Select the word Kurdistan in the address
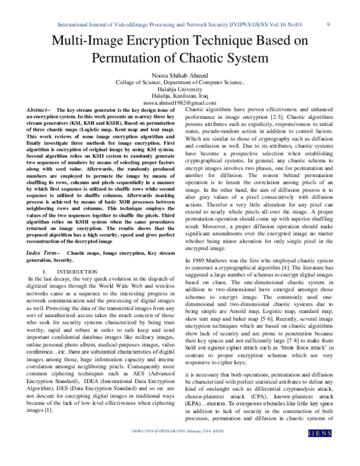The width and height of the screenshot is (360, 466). [x=189, y=95]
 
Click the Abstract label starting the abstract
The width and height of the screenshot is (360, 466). [x=40, y=110]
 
